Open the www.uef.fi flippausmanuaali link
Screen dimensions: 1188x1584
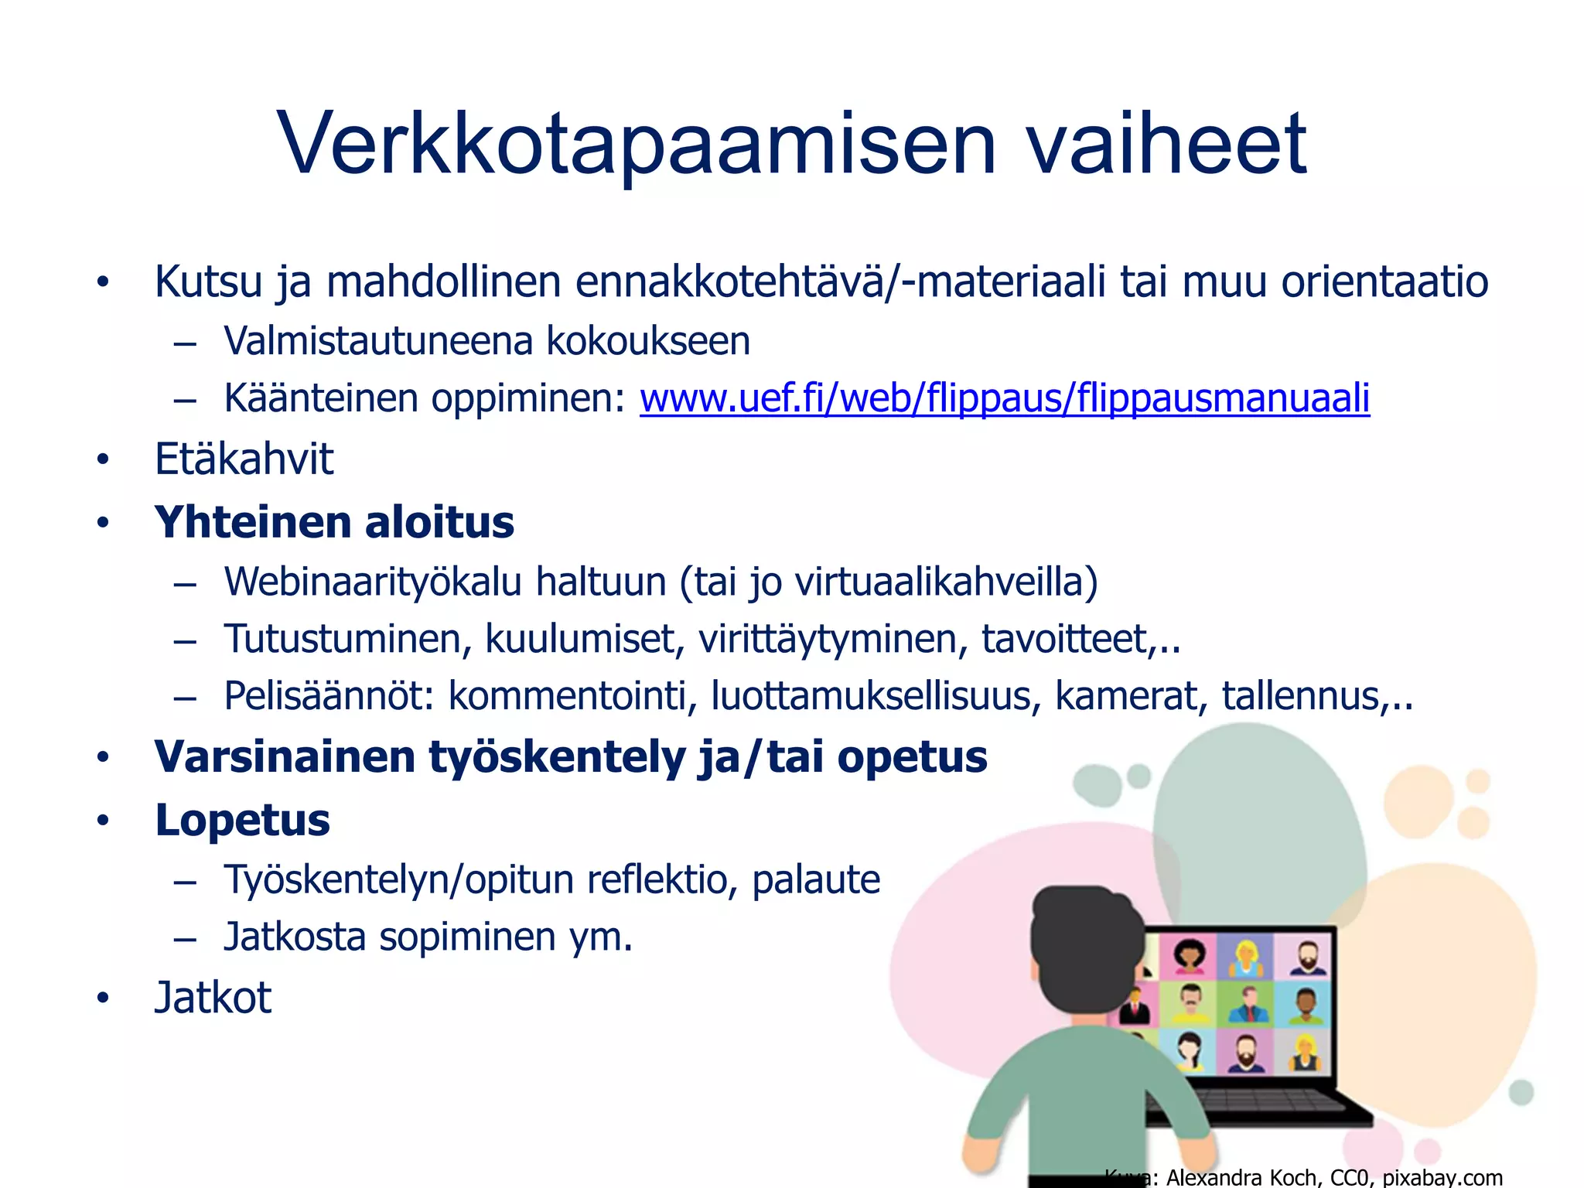coord(1004,399)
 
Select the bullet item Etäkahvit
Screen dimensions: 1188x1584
coord(244,459)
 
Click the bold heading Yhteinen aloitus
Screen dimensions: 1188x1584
coord(334,523)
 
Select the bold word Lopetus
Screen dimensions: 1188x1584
coord(242,821)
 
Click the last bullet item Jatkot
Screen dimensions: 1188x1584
coord(213,998)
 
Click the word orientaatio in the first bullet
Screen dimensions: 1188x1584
coord(1384,282)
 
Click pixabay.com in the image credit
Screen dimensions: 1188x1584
coord(1442,1177)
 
